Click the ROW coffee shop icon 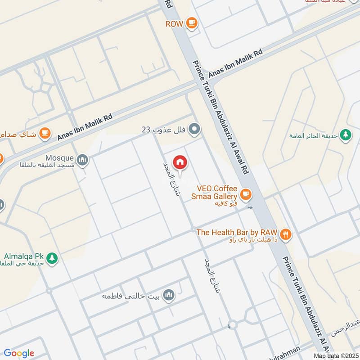pos(192,23)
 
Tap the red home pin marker pos(180,162)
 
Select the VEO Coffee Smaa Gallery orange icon pos(245,194)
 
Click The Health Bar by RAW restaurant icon pos(285,234)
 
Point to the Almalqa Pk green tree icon pos(52,259)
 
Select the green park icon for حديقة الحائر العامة pos(346,135)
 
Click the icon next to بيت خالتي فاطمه pos(169,295)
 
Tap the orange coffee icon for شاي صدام pos(45,133)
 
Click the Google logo pos(19,353)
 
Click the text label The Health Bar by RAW pos(237,232)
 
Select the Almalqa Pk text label pos(22,256)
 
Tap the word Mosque pos(59,158)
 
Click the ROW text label pos(174,23)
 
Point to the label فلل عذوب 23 pos(164,130)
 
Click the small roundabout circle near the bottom pos(232,324)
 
